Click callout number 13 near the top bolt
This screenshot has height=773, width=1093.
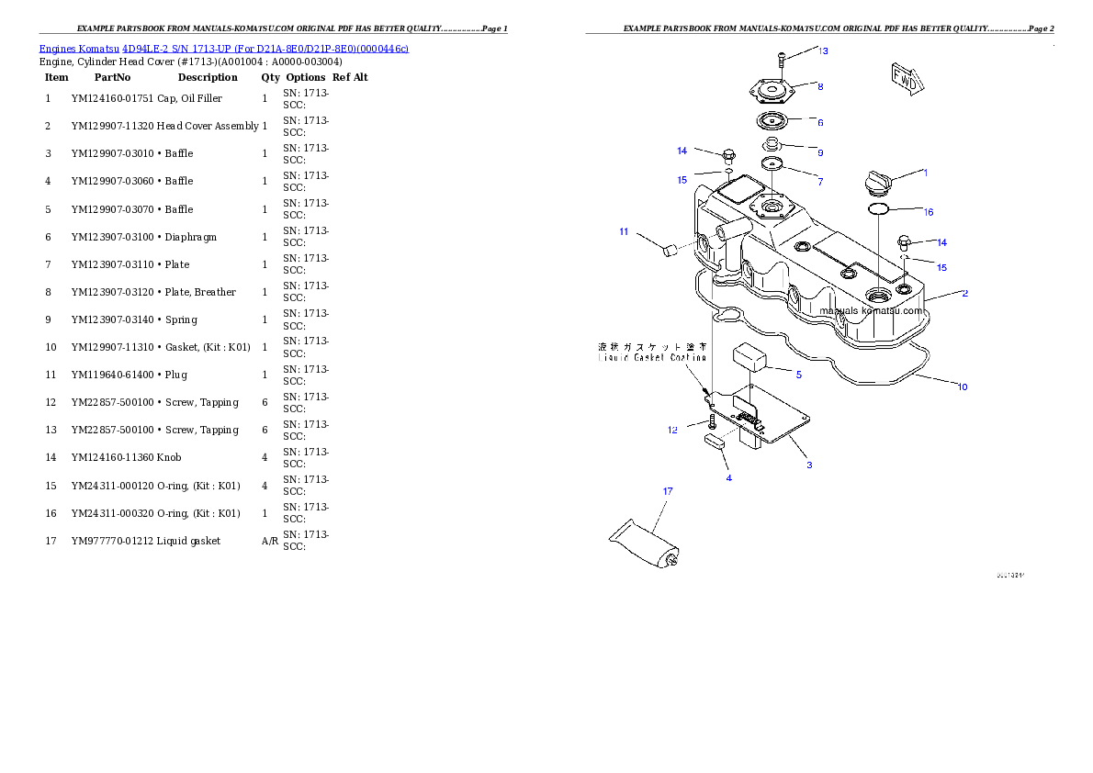pos(823,50)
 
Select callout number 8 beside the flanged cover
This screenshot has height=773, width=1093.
pos(820,86)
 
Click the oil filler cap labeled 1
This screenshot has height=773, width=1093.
pos(875,183)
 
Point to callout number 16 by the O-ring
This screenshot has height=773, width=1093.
pos(929,212)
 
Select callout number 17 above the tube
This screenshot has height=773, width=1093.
pos(668,491)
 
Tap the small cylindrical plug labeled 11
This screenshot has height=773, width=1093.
pos(668,249)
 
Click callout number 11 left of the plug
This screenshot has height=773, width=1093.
pos(624,231)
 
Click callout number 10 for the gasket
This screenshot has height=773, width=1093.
pos(963,386)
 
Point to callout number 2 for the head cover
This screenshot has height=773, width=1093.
pos(964,293)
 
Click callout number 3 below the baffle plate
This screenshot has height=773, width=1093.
pos(808,465)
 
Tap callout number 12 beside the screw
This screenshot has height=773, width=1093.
pos(672,429)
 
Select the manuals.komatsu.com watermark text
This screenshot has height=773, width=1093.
pos(872,310)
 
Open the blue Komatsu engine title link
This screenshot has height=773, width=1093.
pos(223,48)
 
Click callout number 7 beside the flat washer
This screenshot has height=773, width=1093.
pos(820,181)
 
